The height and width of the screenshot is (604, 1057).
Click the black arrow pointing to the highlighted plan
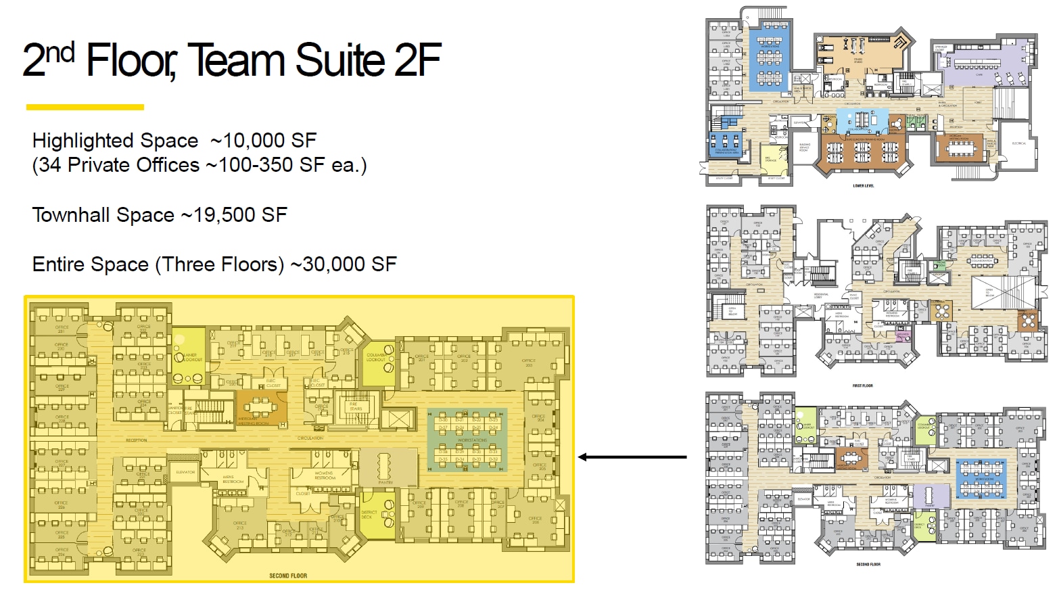tap(632, 457)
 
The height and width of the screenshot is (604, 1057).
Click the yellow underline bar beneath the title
tap(85, 107)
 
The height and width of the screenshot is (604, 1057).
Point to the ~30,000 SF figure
tap(344, 264)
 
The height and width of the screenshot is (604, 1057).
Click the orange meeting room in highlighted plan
tap(261, 409)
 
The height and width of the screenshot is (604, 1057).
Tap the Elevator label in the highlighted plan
tap(185, 472)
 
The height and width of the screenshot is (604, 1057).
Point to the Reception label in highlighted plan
tap(137, 440)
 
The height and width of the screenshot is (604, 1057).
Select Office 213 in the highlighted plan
tap(239, 525)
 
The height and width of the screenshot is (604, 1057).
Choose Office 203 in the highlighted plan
tap(528, 363)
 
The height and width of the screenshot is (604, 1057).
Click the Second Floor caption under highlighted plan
tap(288, 576)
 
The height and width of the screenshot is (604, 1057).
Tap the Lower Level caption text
tap(864, 186)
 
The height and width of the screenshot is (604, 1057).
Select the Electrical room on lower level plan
tap(1018, 143)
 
